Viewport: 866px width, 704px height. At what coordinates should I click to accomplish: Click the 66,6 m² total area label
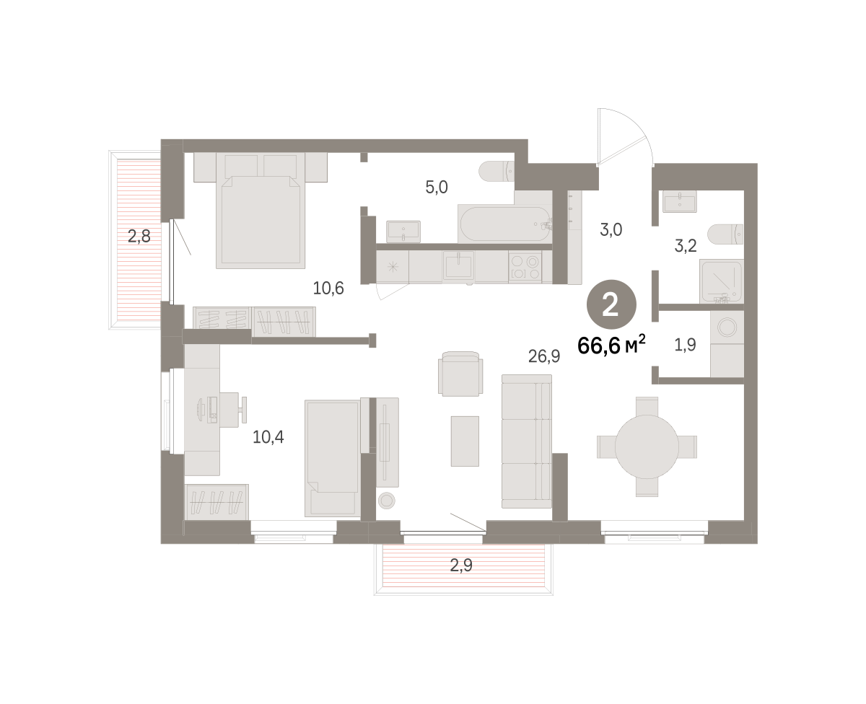[x=611, y=346]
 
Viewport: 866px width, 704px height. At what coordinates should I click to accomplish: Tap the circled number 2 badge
[x=611, y=304]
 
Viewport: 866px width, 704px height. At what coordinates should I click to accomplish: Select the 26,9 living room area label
[x=544, y=356]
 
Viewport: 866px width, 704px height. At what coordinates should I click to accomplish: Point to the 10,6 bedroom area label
[x=328, y=288]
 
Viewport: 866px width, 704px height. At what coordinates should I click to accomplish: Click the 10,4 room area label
[x=268, y=436]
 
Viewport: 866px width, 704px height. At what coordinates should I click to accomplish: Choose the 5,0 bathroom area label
[x=437, y=188]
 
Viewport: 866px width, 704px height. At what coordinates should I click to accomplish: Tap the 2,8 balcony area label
[x=139, y=236]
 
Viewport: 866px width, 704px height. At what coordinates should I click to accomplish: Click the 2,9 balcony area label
[x=461, y=565]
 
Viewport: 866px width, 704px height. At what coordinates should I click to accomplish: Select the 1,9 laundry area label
[x=685, y=345]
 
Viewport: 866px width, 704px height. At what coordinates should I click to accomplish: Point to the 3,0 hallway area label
[x=611, y=230]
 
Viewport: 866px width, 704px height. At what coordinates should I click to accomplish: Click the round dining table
[x=647, y=446]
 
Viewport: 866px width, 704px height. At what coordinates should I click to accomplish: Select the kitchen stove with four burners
[x=525, y=267]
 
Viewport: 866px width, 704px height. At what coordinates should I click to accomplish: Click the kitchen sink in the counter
[x=458, y=266]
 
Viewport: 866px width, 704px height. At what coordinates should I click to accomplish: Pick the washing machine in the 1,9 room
[x=727, y=327]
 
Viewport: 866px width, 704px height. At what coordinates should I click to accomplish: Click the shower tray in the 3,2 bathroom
[x=721, y=281]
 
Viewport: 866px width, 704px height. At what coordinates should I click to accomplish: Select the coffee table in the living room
[x=465, y=441]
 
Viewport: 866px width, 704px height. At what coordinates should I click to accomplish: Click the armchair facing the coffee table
[x=460, y=374]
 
